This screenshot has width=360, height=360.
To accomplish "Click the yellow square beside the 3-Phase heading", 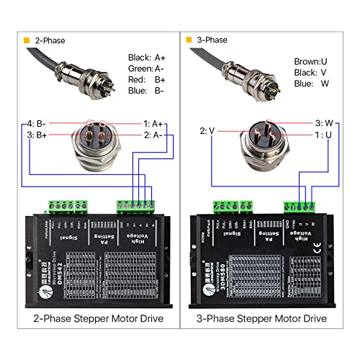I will [189, 40].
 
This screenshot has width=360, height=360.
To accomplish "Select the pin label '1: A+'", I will [155, 124].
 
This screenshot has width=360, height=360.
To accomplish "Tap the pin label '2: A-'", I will [155, 135].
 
